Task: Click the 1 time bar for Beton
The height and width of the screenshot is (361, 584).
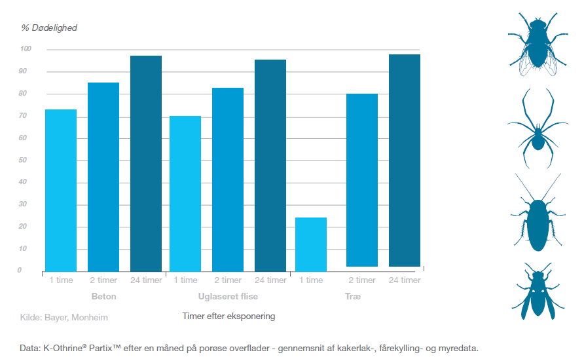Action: click(x=61, y=190)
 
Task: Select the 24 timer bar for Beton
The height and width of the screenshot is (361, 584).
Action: click(x=146, y=163)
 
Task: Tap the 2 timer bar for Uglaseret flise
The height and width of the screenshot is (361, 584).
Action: click(x=228, y=179)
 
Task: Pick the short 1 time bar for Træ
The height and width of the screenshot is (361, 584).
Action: click(x=311, y=244)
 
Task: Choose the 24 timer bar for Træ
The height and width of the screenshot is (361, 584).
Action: click(x=405, y=160)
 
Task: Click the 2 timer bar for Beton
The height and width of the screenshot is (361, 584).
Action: click(x=103, y=176)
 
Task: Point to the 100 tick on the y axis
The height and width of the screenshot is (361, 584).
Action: click(x=26, y=49)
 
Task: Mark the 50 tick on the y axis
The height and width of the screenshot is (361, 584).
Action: click(x=26, y=160)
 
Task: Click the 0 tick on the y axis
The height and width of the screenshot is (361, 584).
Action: click(x=20, y=270)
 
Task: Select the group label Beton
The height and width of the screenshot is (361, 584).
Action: click(x=103, y=297)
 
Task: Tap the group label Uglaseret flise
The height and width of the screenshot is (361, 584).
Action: click(x=228, y=297)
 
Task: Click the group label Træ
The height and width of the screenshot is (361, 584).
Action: click(x=353, y=297)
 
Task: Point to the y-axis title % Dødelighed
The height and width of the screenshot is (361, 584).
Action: click(x=50, y=28)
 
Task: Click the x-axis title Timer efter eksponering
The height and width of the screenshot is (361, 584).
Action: click(x=228, y=316)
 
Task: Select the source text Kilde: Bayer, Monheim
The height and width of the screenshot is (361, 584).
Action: click(x=64, y=318)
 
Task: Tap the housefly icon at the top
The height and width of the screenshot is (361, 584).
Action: click(x=537, y=43)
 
